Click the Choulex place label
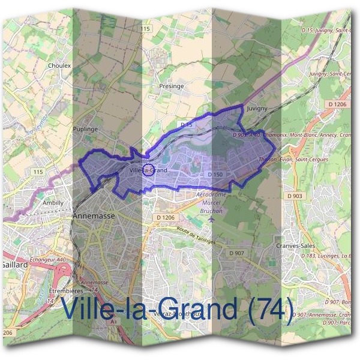pyautogui.click(x=59, y=65)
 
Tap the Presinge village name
pyautogui.click(x=172, y=86)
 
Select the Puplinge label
pyautogui.click(x=84, y=128)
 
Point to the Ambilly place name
pyautogui.click(x=53, y=203)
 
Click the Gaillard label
pyautogui.click(x=14, y=264)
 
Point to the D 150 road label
pyautogui.click(x=215, y=175)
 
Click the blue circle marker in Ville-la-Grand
pyautogui.click(x=149, y=169)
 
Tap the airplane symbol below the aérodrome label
pyautogui.click(x=211, y=218)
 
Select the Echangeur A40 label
pyautogui.click(x=47, y=277)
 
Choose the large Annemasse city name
pyautogui.click(x=92, y=215)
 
